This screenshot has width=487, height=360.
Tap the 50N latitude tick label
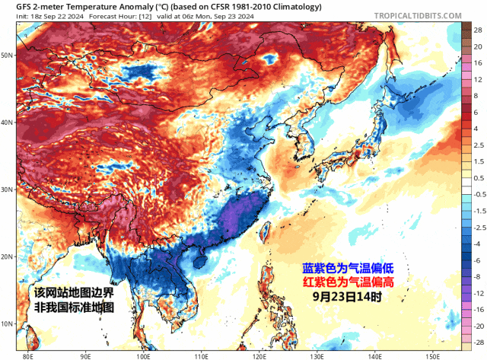pos(8,56)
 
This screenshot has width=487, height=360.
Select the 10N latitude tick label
pos(8,323)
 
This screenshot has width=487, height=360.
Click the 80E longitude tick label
pos(29,355)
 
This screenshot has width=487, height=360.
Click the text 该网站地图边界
pos(74,293)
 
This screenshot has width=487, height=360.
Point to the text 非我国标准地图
pos(74,307)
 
